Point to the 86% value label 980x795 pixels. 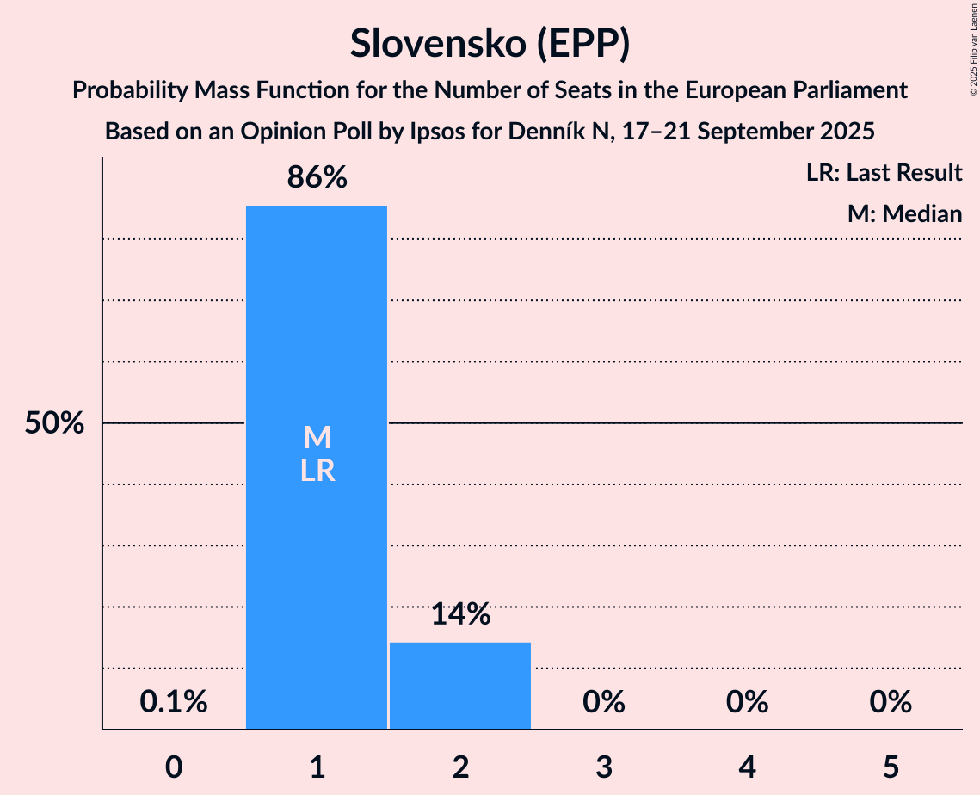coord(317,178)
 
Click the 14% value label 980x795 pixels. coord(460,614)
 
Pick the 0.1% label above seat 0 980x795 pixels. coord(174,702)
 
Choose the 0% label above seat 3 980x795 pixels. coord(603,702)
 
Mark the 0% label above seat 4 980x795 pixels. coord(747,702)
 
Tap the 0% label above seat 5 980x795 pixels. coord(890,702)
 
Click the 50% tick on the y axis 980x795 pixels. coord(54,423)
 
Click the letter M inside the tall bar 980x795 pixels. coord(317,438)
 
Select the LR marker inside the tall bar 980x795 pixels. coord(317,471)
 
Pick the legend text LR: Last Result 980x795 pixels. coord(884,173)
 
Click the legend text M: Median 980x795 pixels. coord(904,213)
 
